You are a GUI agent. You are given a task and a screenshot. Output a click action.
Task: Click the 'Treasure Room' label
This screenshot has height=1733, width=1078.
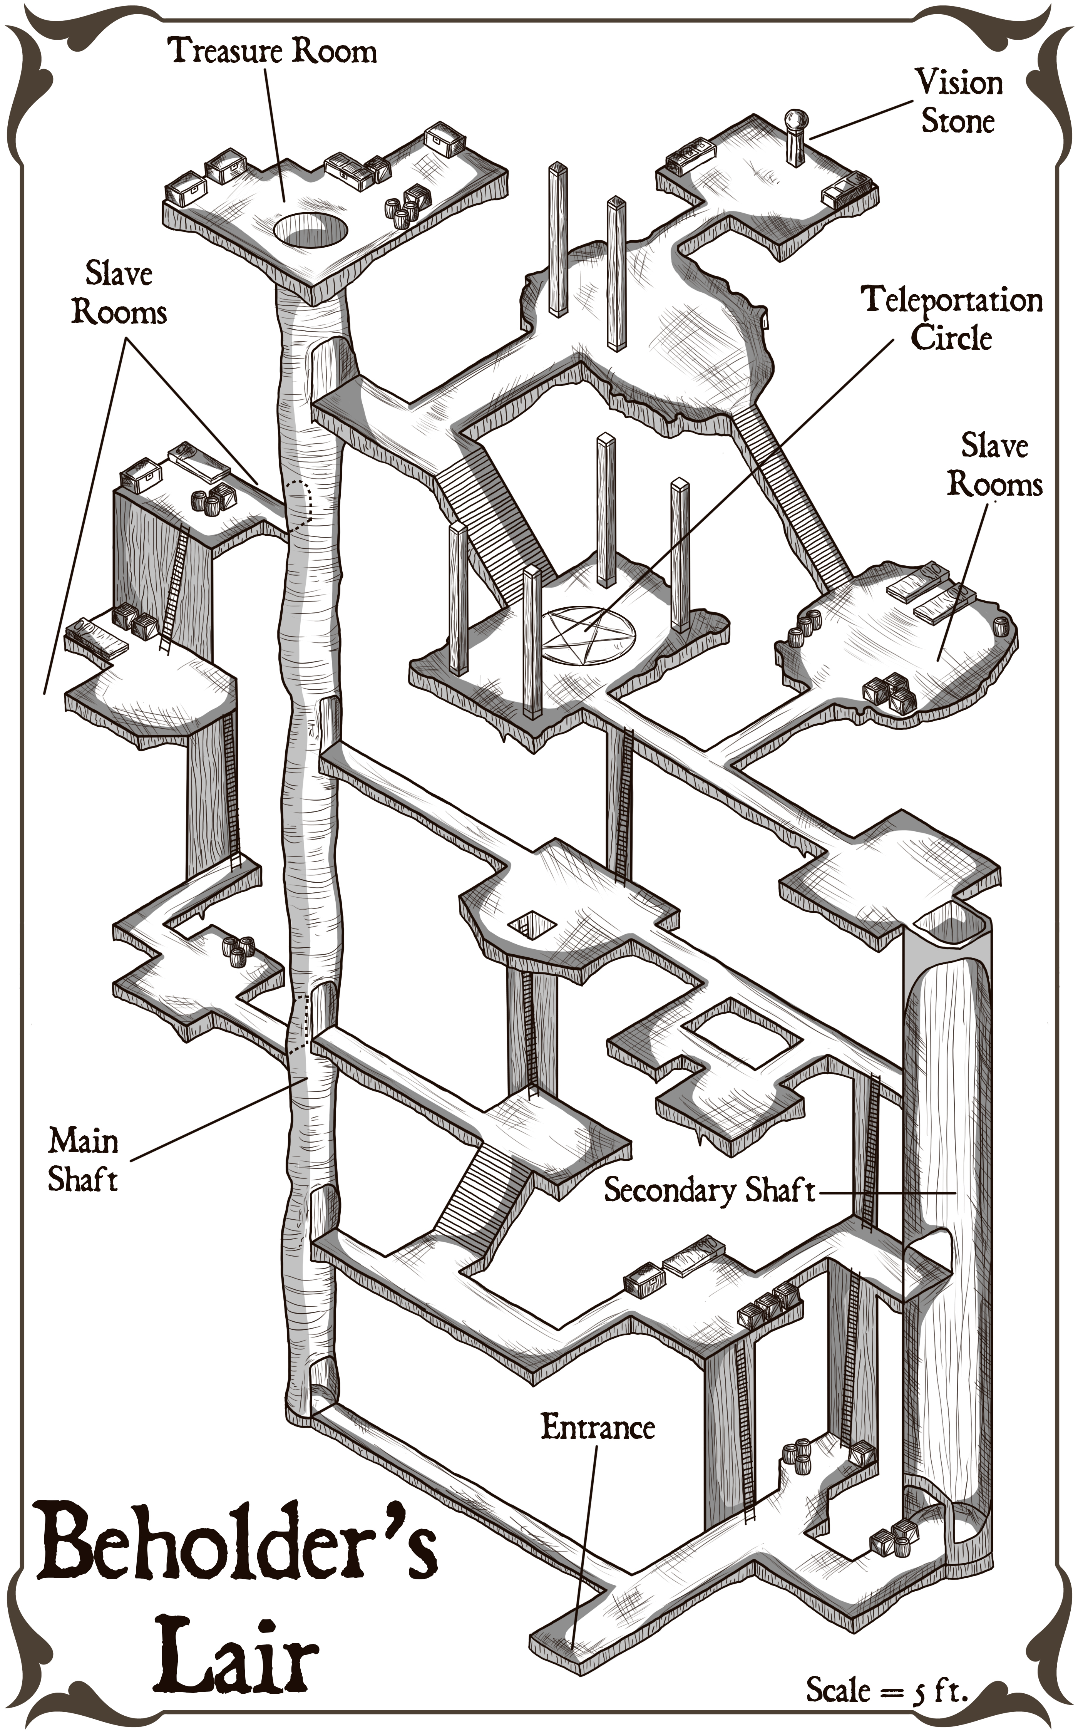coord(272,51)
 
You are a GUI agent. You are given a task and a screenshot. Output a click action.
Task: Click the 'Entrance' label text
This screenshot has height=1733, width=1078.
coord(598,1428)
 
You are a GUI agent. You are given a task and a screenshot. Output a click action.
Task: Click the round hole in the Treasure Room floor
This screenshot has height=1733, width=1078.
coord(311,230)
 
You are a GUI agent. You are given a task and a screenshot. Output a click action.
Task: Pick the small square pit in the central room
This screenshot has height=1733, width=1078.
coord(532,925)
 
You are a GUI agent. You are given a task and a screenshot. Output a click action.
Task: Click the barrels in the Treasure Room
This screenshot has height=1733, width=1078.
coord(402,211)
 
